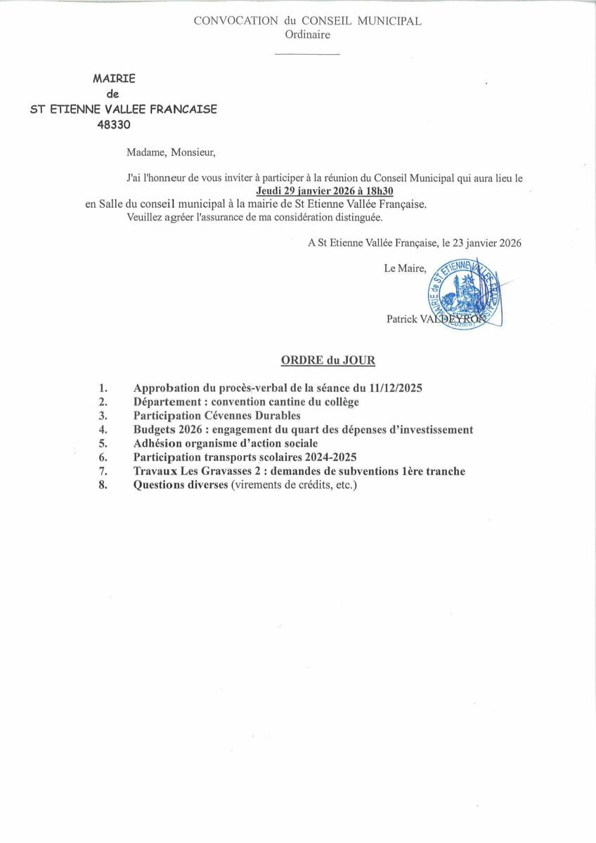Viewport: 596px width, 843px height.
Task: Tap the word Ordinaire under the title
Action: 307,34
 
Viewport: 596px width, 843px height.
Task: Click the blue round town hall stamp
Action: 464,293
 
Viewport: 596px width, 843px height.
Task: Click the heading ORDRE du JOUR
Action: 328,360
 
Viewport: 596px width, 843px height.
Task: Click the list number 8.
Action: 103,485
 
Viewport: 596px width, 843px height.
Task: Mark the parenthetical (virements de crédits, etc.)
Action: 294,485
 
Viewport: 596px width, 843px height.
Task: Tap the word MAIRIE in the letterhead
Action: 115,79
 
